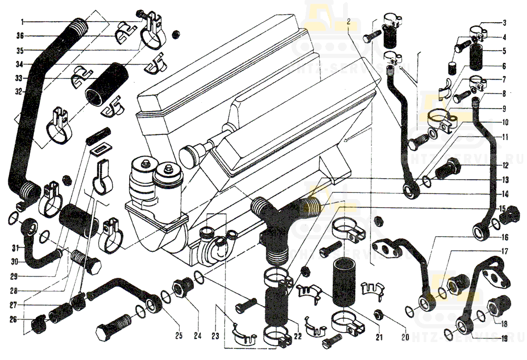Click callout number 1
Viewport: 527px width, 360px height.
(23, 22)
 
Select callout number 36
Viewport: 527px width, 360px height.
(20, 36)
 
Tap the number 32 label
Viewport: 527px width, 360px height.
(20, 91)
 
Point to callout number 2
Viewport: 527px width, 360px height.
(348, 22)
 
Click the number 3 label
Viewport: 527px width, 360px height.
(504, 23)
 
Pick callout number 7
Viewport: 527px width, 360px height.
(504, 80)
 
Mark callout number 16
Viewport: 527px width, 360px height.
(504, 237)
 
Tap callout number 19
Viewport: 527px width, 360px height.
(504, 338)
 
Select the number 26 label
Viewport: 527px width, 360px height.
(13, 319)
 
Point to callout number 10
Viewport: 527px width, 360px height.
(504, 122)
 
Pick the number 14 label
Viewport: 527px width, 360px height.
(504, 193)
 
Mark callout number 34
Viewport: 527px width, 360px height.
(20, 64)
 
